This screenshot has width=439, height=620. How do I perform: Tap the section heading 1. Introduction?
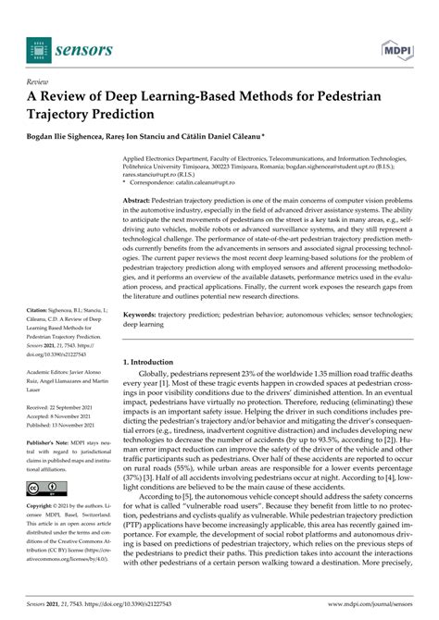tap(154, 362)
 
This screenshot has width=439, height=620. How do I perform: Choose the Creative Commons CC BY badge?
tap(47, 488)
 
